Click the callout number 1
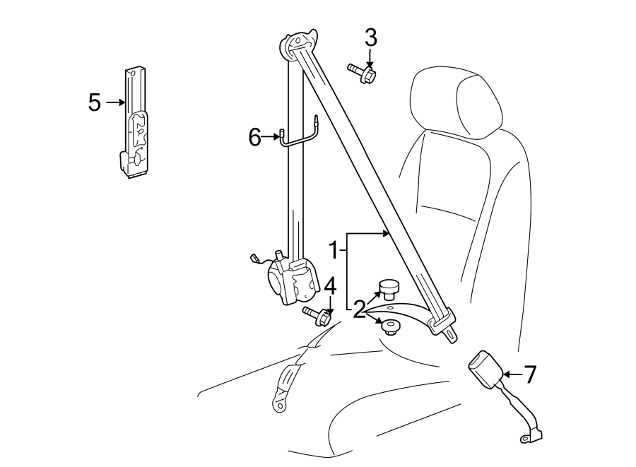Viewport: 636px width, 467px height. pos(335,250)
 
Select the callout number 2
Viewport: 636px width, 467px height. pos(359,309)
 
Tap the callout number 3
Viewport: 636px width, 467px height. pos(371,37)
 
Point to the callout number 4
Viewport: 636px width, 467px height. pos(330,286)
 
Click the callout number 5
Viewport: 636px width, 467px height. pos(94,102)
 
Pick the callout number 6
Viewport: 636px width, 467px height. pos(255,137)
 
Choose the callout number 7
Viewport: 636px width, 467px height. pos(530,374)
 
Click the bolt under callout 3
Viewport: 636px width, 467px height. pos(362,72)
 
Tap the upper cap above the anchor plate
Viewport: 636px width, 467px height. pos(389,288)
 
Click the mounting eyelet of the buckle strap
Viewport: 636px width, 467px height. pos(526,439)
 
